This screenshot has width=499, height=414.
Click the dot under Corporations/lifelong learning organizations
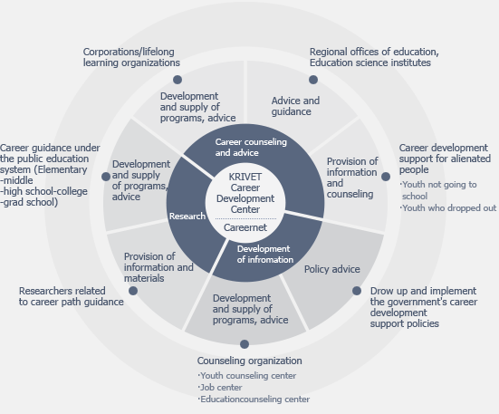pos(178,80)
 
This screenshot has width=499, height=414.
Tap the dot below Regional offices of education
pos(313,80)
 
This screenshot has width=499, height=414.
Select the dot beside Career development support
pos(386,177)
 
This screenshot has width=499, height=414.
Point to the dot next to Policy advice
pos(357,291)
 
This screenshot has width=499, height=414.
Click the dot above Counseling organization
pos(245,344)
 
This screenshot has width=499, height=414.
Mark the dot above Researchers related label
pos(133,291)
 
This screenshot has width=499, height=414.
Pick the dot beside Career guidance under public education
pos(106,177)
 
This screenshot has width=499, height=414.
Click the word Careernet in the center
pos(245,227)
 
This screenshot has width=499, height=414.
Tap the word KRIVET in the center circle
pos(245,177)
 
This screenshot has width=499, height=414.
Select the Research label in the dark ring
pos(187,217)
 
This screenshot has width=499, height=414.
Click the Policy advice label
pos(332,269)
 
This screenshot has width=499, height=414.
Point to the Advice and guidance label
pos(295,106)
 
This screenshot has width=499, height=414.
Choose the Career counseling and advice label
pos(251,148)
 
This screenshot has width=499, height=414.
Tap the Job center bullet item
pos(220,387)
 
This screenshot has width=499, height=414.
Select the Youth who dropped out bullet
pos(448,208)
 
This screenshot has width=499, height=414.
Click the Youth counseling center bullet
pos(247,375)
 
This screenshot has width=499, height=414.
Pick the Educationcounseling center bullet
pos(254,399)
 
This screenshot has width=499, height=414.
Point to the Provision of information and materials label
pos(158,267)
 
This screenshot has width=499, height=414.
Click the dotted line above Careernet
pos(245,219)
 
